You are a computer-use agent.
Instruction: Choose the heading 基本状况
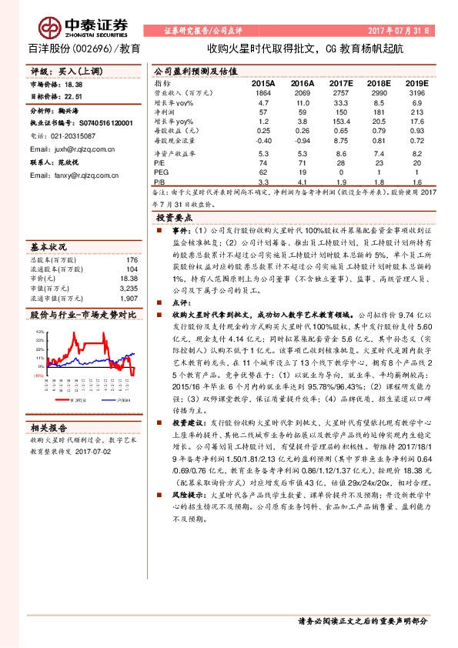(48, 249)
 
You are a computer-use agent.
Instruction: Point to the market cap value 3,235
(129, 287)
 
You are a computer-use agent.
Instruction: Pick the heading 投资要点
(175, 218)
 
